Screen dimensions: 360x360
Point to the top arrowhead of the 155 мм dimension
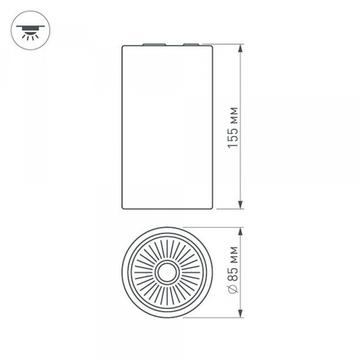[x=241, y=48]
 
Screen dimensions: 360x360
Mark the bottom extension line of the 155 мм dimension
[x=231, y=209]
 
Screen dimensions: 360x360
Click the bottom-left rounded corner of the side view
[x=124, y=207]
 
